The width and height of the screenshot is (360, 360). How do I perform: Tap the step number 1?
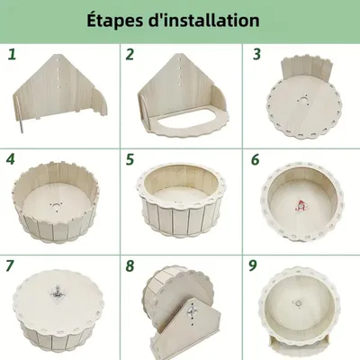click(12, 54)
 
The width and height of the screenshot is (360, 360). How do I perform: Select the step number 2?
click(130, 54)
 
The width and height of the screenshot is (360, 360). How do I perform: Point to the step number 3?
click(256, 54)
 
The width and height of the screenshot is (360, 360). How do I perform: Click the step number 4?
click(11, 159)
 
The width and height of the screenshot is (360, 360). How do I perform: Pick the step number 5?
click(130, 159)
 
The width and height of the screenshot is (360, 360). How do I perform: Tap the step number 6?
click(255, 159)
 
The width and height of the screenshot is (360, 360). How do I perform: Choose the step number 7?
click(10, 265)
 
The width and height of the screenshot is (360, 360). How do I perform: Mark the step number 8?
click(130, 265)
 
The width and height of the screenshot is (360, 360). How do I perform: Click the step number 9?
click(253, 265)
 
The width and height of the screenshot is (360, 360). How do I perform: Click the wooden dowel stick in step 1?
click(19, 114)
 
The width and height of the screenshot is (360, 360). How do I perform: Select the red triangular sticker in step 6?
click(299, 205)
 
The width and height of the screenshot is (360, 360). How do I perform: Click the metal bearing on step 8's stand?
click(192, 310)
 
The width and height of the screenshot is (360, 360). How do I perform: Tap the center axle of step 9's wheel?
click(299, 303)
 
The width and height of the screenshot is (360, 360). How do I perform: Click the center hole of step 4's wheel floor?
click(56, 206)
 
